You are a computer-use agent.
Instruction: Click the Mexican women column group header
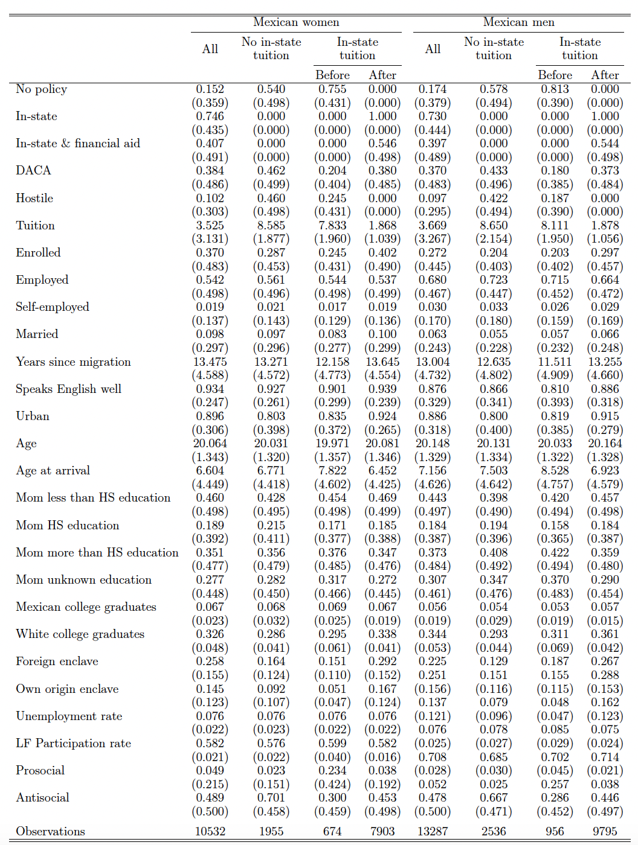(x=296, y=22)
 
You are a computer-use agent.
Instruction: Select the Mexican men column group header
(x=518, y=22)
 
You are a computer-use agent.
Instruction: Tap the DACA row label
(x=33, y=171)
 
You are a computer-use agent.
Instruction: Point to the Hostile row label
(x=34, y=198)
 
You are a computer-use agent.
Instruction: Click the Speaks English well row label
(x=68, y=389)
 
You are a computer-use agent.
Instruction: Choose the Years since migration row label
(x=73, y=362)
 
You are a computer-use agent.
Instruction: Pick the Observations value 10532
(x=210, y=831)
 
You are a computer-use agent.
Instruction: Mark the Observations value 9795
(x=605, y=831)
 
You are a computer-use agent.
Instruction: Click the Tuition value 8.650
(x=494, y=225)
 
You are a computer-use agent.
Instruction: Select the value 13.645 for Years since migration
(x=382, y=362)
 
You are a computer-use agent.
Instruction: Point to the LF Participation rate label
(x=73, y=743)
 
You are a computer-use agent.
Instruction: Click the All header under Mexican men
(x=433, y=49)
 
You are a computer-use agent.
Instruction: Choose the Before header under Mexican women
(x=332, y=75)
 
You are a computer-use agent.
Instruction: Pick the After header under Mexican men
(x=605, y=75)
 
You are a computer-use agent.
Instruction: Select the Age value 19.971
(x=332, y=443)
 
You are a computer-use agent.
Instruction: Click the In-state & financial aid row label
(x=78, y=144)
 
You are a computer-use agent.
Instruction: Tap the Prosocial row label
(x=40, y=770)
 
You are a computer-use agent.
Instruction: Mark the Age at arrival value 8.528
(x=555, y=470)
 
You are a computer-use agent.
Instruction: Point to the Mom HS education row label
(x=67, y=525)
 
